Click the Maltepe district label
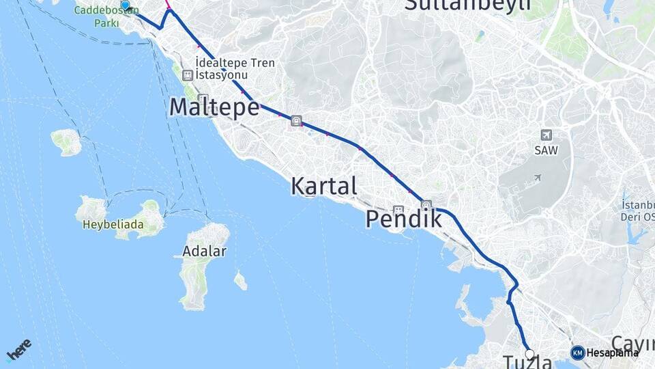click(214, 107)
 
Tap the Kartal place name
click(323, 185)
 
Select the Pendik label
click(403, 219)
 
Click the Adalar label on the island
click(204, 251)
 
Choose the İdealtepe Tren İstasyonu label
click(235, 68)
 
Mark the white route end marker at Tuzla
click(529, 354)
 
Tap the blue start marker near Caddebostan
click(125, 5)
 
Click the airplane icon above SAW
click(546, 135)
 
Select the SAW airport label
click(545, 150)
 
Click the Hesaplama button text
click(612, 353)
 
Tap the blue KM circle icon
click(577, 353)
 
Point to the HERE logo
click(19, 349)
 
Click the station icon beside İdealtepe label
click(188, 75)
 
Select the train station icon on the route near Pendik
click(426, 204)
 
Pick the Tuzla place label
click(526, 361)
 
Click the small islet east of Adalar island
click(240, 279)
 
